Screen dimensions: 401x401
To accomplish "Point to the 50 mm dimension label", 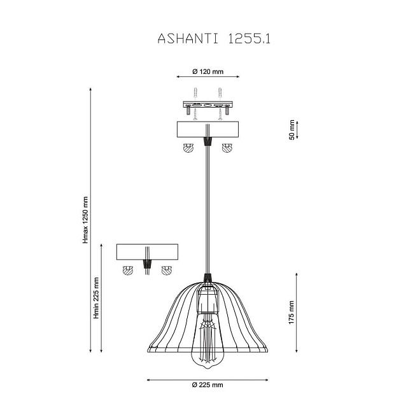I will click(292, 129).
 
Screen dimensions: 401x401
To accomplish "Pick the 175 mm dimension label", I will click(292, 311).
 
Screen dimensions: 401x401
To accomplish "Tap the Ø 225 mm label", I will click(207, 385).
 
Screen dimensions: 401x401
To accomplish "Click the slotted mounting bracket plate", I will click(207, 104).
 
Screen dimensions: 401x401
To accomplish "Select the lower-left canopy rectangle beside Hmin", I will click(147, 252).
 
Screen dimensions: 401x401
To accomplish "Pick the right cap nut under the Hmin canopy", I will click(167, 270).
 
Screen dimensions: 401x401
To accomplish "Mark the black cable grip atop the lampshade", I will click(207, 278).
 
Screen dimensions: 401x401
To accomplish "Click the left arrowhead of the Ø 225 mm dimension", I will click(150, 379).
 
